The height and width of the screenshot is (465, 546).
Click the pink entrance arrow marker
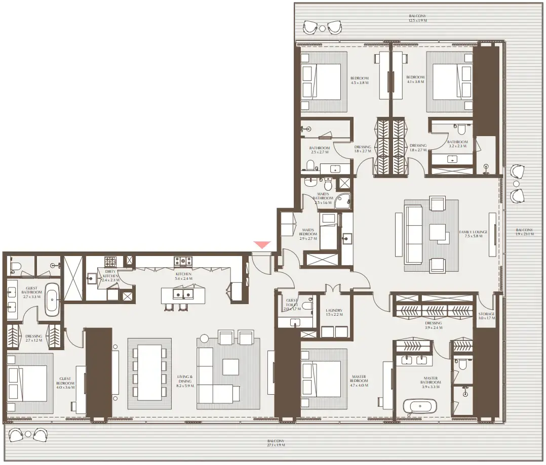(x=262, y=245)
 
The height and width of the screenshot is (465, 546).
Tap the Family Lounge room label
(x=474, y=234)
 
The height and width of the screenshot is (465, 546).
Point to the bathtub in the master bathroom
(x=419, y=407)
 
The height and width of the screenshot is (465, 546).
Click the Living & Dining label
(x=185, y=381)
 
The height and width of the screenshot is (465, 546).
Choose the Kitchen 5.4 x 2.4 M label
(x=183, y=276)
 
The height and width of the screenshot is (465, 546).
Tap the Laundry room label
(x=334, y=312)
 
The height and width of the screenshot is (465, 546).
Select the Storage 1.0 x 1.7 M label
(x=487, y=316)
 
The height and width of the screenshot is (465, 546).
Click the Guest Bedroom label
(x=67, y=381)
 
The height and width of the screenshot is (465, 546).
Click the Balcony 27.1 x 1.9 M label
(x=277, y=443)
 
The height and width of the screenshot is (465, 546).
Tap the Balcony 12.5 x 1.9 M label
(x=418, y=19)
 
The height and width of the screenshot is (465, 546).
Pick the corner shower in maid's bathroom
(x=344, y=202)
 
